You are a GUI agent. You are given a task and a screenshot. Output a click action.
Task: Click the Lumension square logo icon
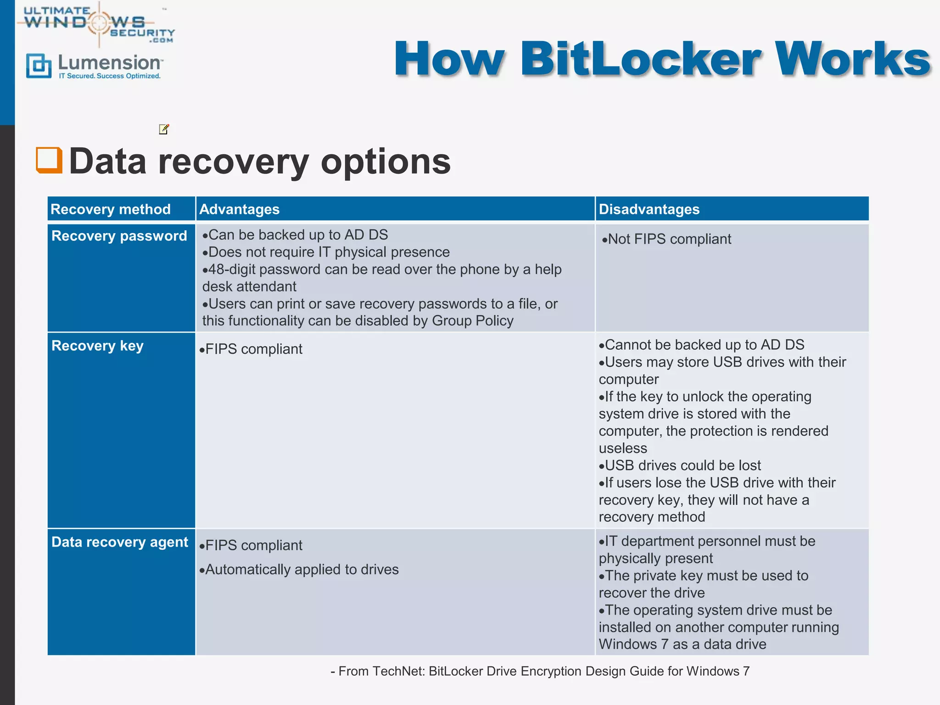[x=39, y=66]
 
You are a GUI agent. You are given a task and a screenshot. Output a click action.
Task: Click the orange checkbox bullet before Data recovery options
[x=49, y=160]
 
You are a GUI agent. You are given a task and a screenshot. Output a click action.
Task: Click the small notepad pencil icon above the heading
[x=164, y=129]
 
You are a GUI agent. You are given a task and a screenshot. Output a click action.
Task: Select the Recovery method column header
[x=111, y=209]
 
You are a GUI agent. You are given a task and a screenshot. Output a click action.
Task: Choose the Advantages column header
[x=239, y=209]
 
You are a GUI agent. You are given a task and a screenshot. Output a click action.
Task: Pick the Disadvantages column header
[x=649, y=209]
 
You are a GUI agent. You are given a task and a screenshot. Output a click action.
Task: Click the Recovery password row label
[x=119, y=236]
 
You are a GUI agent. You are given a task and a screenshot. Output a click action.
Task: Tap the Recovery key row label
[x=97, y=346]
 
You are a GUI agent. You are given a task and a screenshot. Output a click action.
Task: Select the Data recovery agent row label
[x=119, y=542]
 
